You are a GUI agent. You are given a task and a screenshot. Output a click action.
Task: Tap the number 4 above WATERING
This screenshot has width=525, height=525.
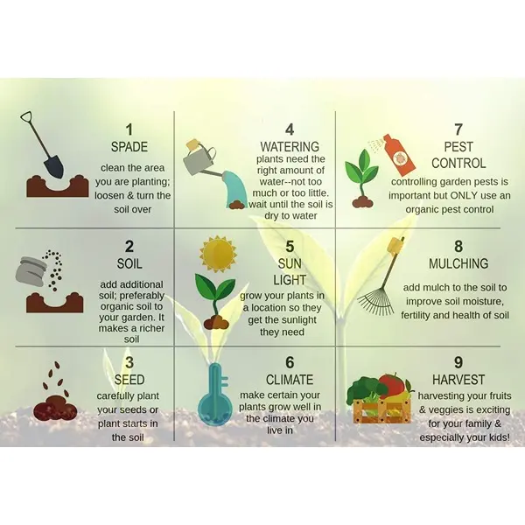pos(290,129)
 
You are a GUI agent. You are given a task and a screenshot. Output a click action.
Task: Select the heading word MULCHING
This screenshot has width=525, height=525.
pos(458,263)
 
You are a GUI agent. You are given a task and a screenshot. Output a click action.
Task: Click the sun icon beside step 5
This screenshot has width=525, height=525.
pos(218,254)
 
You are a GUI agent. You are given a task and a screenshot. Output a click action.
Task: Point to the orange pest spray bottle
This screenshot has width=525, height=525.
pos(399,155)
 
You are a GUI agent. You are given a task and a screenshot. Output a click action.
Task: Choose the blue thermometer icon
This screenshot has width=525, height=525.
pos(215,393)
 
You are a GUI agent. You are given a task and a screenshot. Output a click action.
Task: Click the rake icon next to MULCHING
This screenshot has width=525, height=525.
pos(382,278)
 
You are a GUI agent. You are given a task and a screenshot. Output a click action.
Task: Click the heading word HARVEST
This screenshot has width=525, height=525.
pos(458,380)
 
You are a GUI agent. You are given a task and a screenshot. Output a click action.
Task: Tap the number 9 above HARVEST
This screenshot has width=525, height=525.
pos(458,362)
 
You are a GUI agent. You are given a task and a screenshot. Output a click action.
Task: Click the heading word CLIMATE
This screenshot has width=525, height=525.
pos(290,380)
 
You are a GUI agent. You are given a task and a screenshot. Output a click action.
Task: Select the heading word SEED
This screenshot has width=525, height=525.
pos(129,380)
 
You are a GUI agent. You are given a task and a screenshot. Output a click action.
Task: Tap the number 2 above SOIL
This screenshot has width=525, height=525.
pos(129,247)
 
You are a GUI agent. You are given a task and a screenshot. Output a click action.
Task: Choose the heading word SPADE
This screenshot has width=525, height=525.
pos(129,147)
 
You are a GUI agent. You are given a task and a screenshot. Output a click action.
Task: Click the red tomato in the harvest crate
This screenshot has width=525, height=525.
pos(392,384)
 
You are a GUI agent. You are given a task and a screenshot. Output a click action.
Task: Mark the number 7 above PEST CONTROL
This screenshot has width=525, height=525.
pos(458,129)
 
